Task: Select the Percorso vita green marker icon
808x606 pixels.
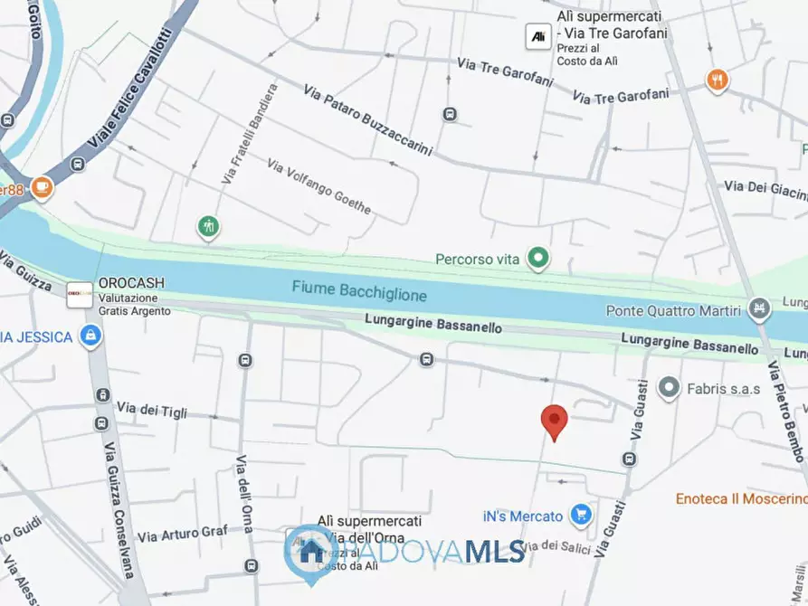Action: [x=539, y=260]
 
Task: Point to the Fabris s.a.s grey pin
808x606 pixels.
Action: [x=669, y=388]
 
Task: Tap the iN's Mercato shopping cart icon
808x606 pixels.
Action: [x=581, y=516]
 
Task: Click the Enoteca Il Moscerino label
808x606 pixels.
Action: [x=740, y=498]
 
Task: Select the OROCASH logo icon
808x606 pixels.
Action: [x=79, y=291]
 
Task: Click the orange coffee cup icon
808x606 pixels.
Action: [x=41, y=187]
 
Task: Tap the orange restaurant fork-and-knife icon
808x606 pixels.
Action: [x=718, y=80]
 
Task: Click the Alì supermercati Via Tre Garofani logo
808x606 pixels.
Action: [x=537, y=36]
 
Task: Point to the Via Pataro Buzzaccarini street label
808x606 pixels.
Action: [x=367, y=119]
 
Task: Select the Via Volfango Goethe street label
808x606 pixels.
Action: [x=318, y=185]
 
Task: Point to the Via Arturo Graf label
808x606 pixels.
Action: [x=182, y=534]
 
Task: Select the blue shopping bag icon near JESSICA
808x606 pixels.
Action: [x=90, y=336]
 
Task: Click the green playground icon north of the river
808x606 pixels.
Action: [x=209, y=226]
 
